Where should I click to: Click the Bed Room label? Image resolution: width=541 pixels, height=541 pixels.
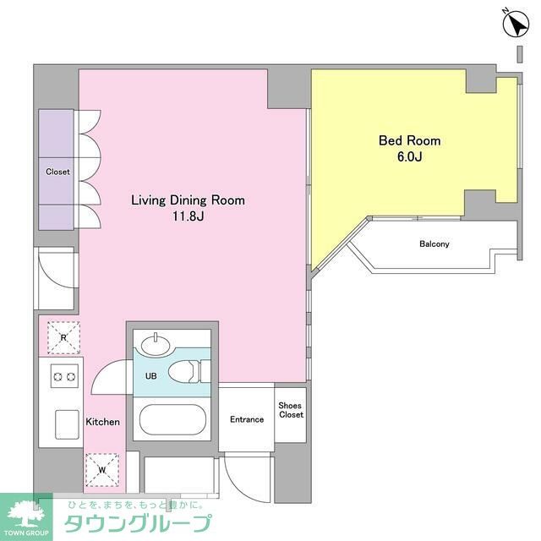click(409, 141)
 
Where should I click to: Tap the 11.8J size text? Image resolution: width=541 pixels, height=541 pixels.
click(188, 216)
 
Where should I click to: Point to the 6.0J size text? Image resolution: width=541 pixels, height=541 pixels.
click(409, 156)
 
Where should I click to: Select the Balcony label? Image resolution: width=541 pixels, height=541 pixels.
click(434, 244)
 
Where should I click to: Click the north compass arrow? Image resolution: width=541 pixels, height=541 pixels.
click(516, 24)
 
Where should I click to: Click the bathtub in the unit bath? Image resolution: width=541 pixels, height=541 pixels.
click(172, 419)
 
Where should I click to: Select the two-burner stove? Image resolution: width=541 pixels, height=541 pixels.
click(64, 375)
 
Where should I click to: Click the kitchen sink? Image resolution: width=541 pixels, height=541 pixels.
click(67, 424)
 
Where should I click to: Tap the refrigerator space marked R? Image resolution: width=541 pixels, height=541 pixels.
click(63, 337)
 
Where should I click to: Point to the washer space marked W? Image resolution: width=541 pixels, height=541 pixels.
click(102, 470)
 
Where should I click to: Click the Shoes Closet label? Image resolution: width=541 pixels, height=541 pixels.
click(291, 410)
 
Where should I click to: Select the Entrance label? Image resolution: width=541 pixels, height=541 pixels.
click(247, 419)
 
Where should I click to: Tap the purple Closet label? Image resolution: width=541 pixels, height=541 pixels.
click(57, 172)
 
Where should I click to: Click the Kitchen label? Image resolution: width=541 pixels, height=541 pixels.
click(103, 422)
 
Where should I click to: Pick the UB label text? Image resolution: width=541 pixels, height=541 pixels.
click(151, 375)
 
